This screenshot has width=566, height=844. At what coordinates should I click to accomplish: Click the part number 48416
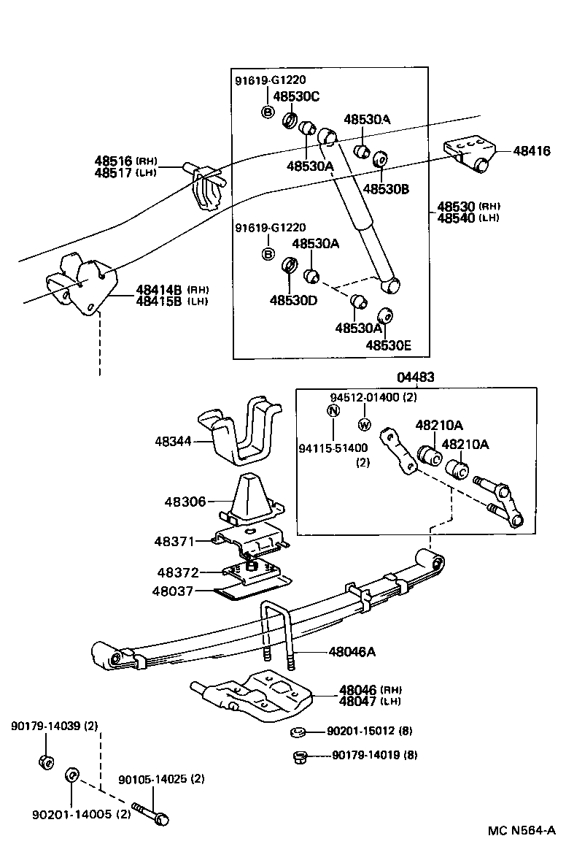pos(532,151)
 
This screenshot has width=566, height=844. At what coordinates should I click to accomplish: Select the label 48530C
pos(296,96)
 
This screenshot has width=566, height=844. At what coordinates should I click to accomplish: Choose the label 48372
pos(177,573)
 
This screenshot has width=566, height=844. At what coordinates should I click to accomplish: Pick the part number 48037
pos(172,591)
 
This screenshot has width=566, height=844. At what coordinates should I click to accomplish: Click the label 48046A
pos(352,651)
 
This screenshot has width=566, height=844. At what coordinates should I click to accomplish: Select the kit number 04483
pos(416,377)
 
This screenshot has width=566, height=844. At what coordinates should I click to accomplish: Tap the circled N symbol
pos(333,410)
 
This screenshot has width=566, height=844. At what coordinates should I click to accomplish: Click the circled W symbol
pos(364,423)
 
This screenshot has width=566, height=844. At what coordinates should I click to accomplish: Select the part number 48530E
pos(389,345)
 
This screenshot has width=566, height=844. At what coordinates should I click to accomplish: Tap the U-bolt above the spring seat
pos(276,632)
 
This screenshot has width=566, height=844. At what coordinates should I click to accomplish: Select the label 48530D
pos(292,299)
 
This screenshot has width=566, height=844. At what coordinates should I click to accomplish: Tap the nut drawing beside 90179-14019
pos(298,756)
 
